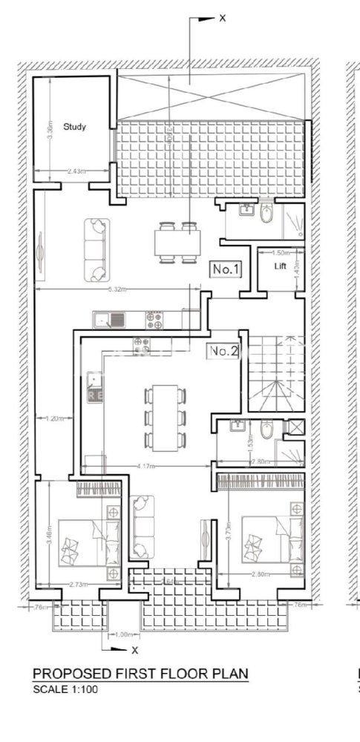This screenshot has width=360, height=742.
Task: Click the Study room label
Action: [74, 127]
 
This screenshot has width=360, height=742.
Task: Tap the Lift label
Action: [280, 266]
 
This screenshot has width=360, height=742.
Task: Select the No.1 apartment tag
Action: [225, 269]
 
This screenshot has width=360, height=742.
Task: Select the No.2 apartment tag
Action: [223, 351]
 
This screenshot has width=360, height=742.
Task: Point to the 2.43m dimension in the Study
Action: [74, 171]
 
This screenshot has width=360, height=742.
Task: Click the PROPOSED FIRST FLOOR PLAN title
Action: [140, 674]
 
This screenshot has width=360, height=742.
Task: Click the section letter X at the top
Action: [222, 18]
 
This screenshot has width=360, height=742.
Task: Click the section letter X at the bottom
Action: [134, 650]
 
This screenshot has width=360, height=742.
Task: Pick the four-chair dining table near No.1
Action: [177, 242]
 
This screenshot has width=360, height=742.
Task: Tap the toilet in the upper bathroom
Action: [266, 214]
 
